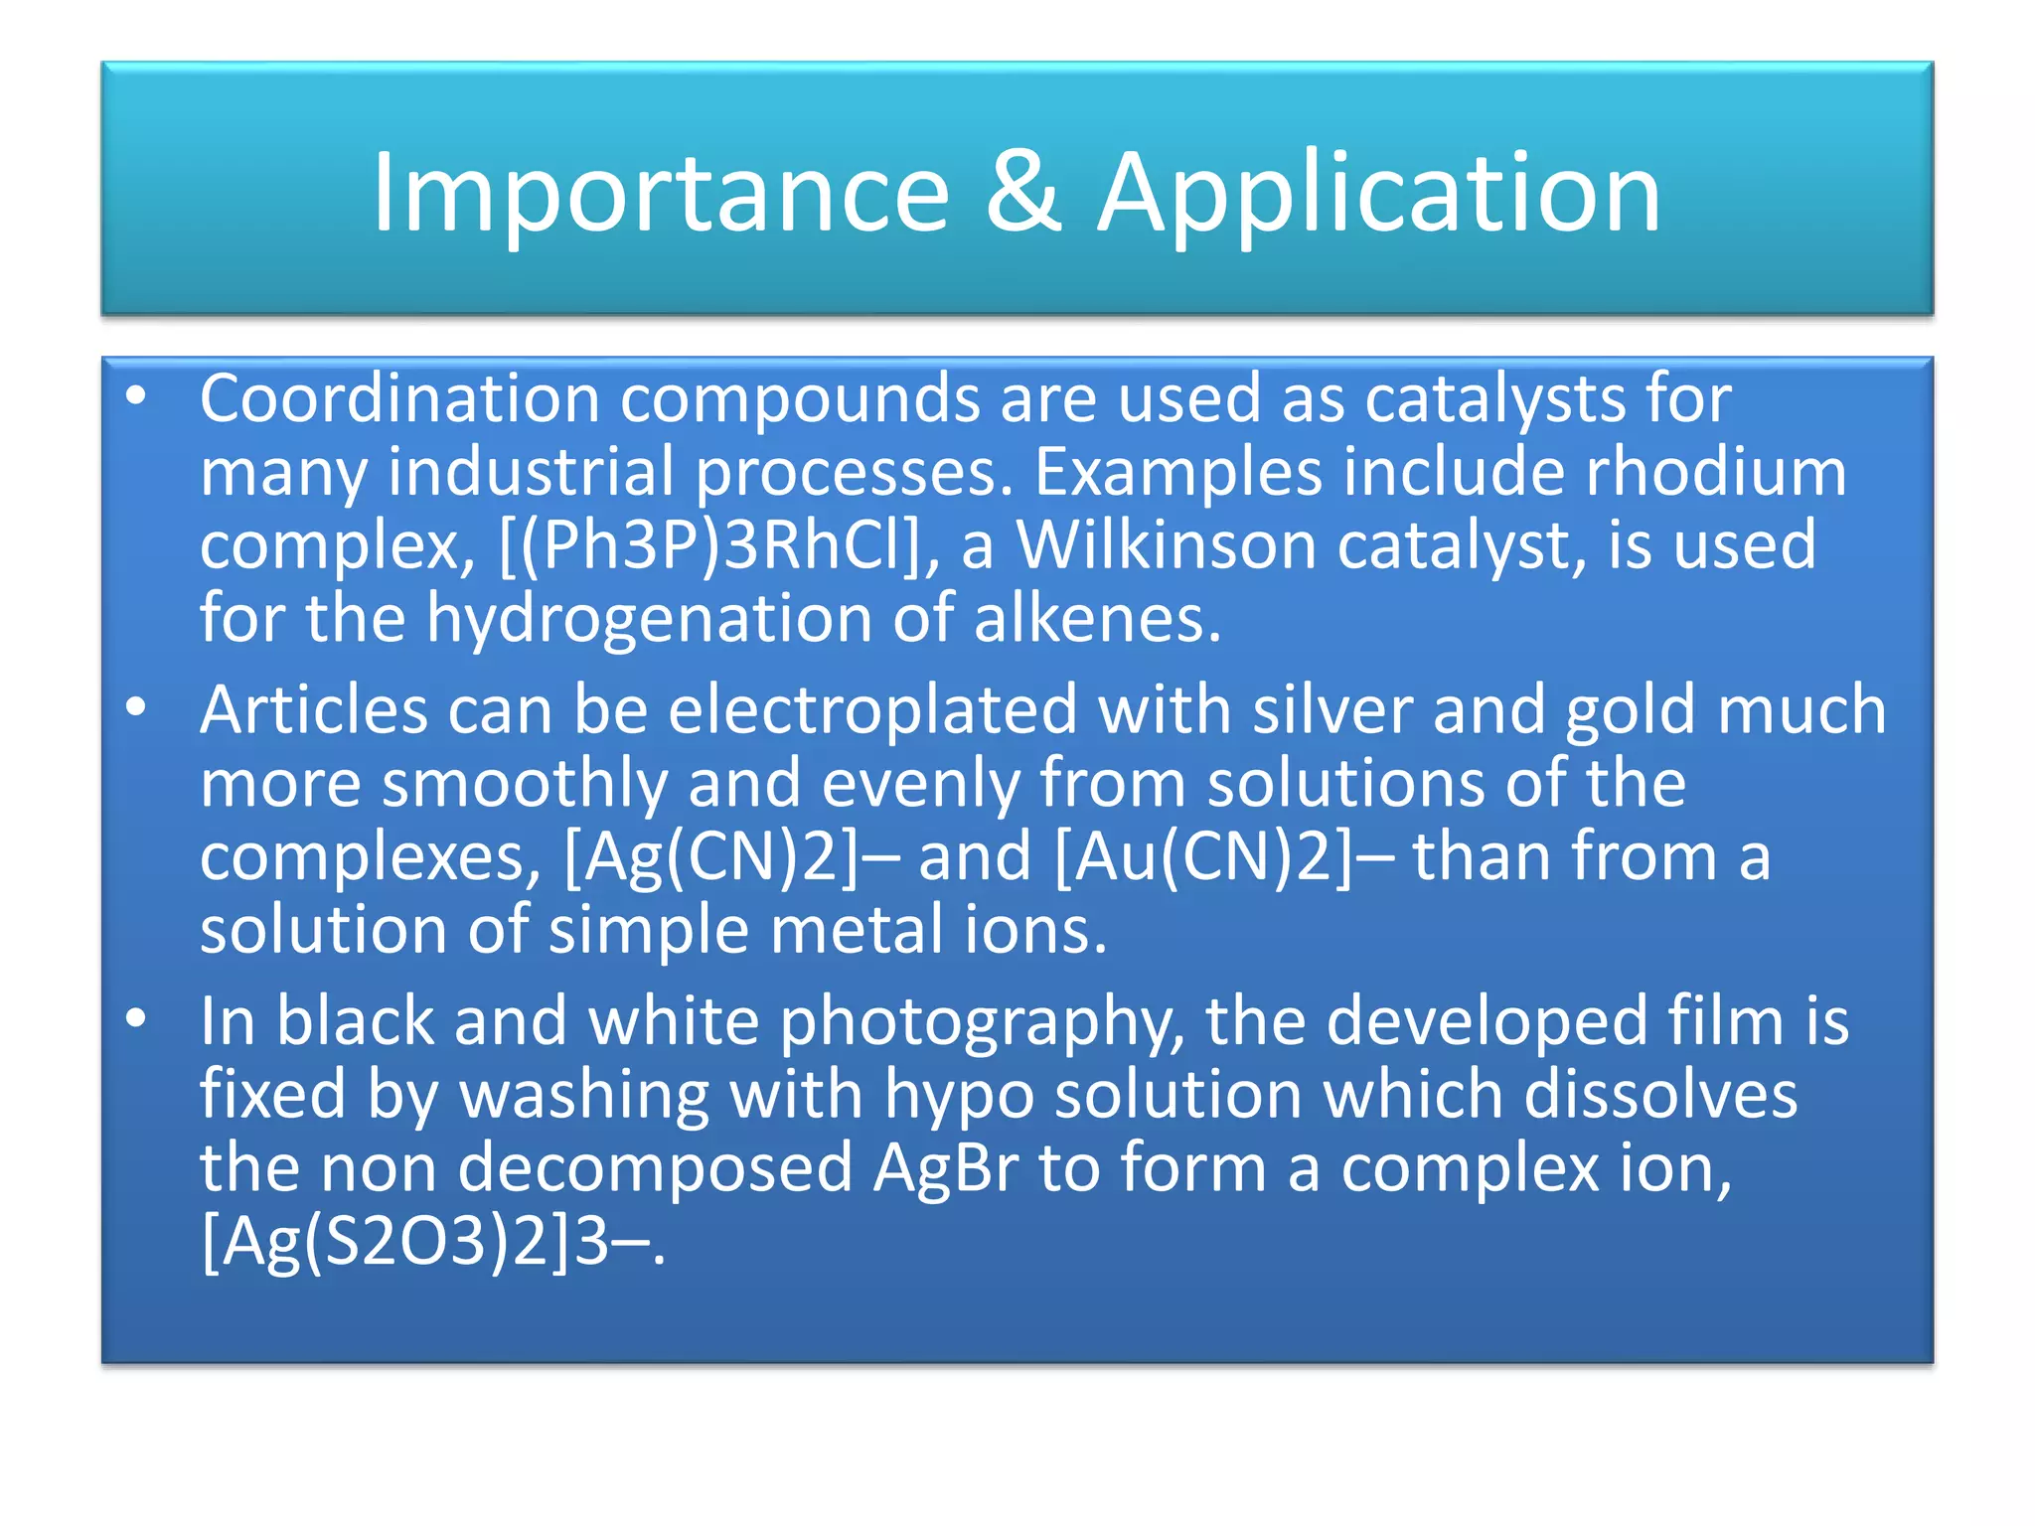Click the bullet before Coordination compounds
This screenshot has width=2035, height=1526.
point(136,397)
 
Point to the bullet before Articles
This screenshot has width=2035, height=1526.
point(136,708)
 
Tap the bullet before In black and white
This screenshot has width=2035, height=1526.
point(136,1019)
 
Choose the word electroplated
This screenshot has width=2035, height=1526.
point(872,710)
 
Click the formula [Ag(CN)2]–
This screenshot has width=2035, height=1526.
point(730,857)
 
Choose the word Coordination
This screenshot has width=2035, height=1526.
point(399,397)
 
